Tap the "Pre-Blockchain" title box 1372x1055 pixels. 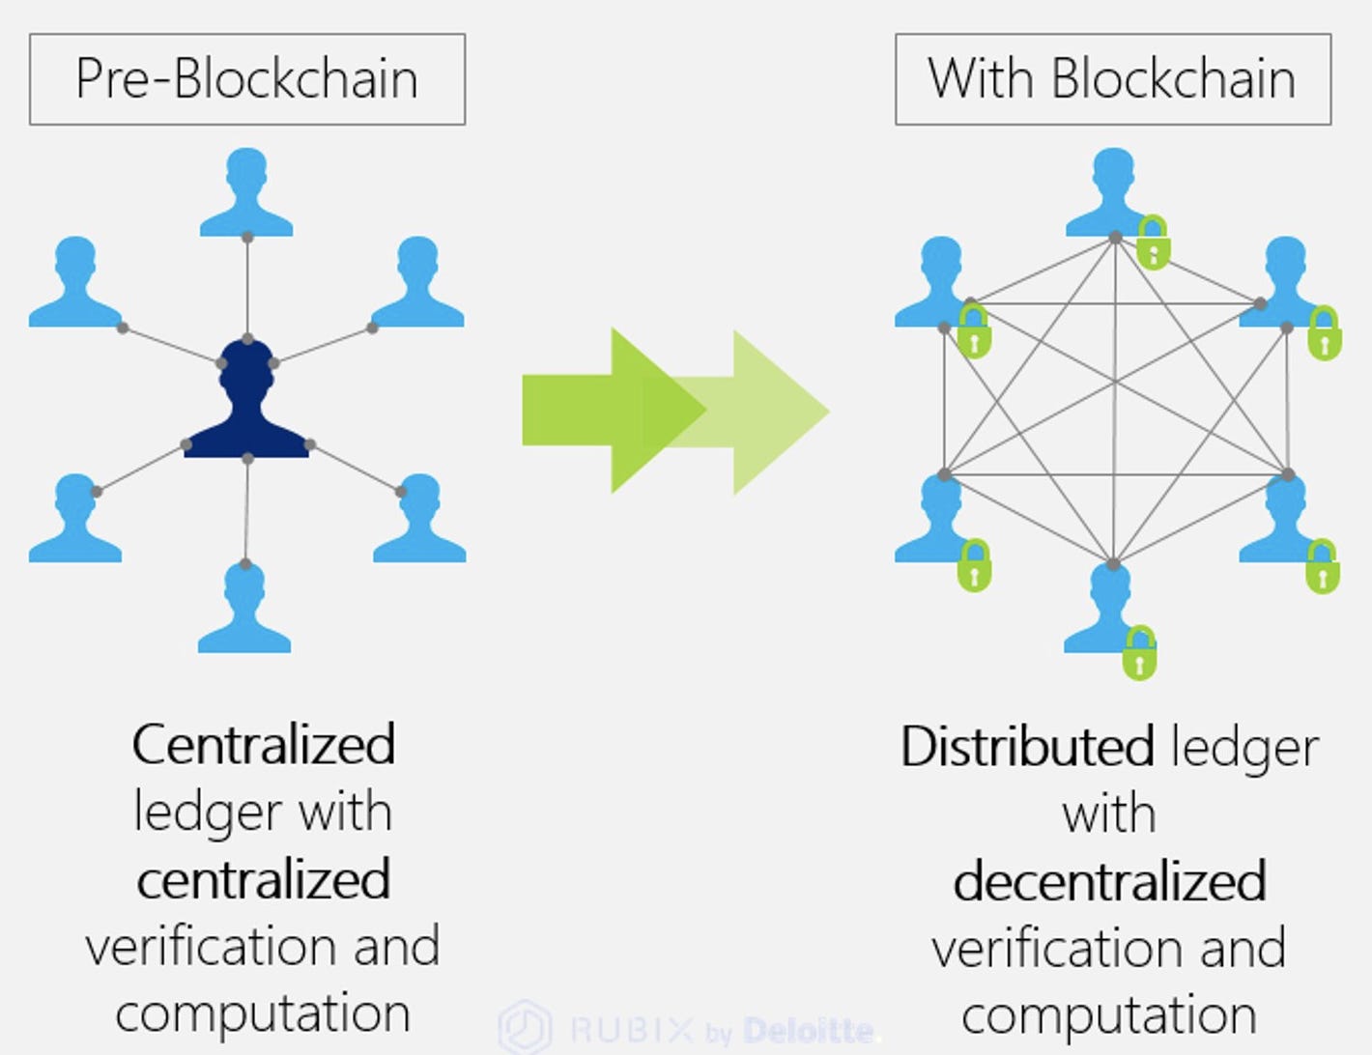click(x=247, y=79)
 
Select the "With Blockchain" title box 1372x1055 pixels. click(x=1113, y=79)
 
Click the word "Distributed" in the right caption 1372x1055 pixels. click(x=1027, y=747)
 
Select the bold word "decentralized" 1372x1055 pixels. click(x=1110, y=881)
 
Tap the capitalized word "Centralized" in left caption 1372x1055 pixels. click(x=264, y=745)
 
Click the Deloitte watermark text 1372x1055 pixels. click(x=809, y=1031)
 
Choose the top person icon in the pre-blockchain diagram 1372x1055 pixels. click(x=246, y=193)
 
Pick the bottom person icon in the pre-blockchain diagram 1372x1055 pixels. click(x=244, y=609)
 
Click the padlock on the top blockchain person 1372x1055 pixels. click(x=1153, y=243)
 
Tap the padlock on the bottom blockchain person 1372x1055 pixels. click(x=1140, y=654)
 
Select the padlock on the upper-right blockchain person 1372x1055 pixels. click(x=1324, y=333)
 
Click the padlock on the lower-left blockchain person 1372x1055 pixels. click(x=974, y=566)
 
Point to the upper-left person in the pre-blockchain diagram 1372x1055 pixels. click(x=75, y=282)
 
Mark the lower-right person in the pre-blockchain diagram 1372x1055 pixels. click(x=419, y=519)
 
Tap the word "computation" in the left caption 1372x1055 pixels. click(x=263, y=1013)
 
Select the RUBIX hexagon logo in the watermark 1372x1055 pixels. click(x=526, y=1027)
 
